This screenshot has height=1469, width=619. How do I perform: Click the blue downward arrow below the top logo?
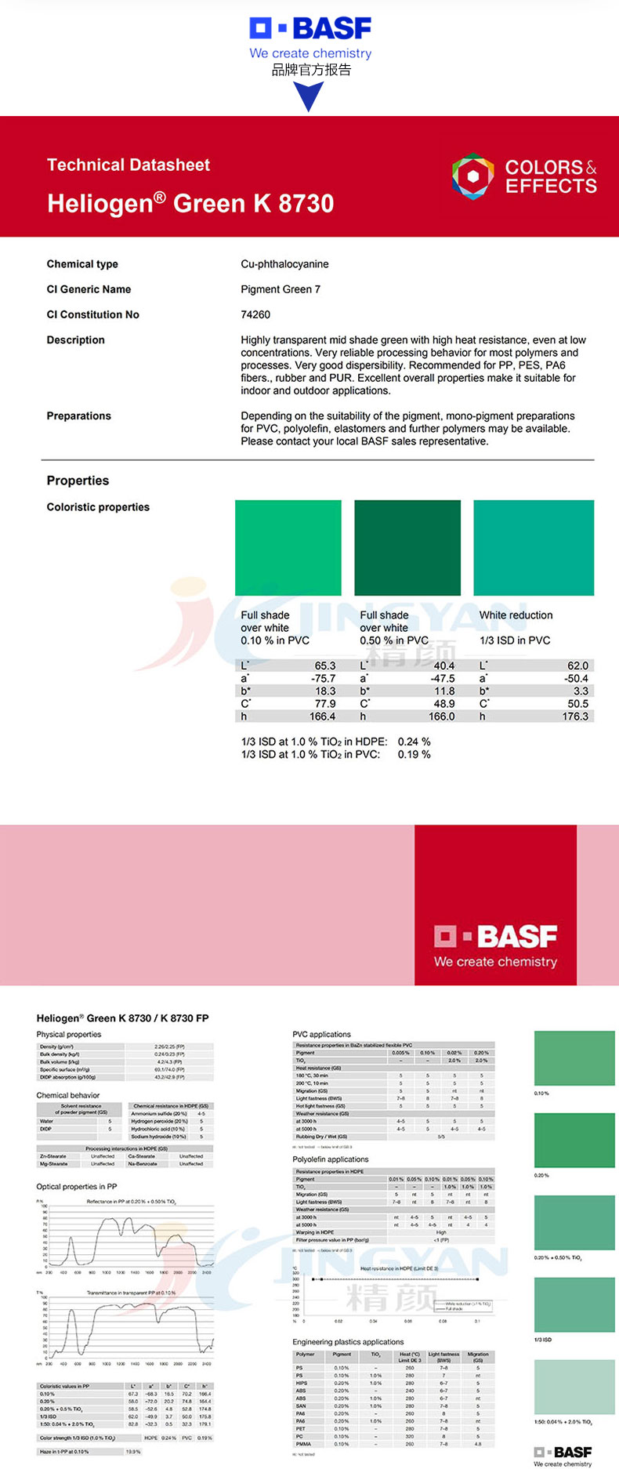click(x=310, y=96)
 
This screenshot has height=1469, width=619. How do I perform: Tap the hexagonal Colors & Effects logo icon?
click(x=472, y=176)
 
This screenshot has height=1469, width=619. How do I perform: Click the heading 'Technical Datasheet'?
click(x=129, y=165)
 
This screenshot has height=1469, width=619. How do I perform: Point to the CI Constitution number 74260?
click(x=255, y=314)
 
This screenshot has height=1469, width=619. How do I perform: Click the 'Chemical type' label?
click(x=82, y=264)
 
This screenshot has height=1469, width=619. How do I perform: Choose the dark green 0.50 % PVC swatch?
click(x=407, y=548)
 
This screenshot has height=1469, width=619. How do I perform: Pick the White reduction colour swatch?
click(x=534, y=548)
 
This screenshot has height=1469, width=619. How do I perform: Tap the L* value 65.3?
click(x=324, y=666)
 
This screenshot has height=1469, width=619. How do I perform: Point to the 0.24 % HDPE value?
click(x=414, y=742)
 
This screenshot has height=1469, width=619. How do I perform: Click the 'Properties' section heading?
click(x=78, y=481)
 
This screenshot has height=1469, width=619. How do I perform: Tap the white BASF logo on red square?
click(x=495, y=945)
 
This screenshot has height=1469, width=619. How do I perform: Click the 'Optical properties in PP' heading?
click(x=77, y=1187)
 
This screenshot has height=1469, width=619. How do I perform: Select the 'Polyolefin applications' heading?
click(x=330, y=1159)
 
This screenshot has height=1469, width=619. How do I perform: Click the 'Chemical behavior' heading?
click(x=68, y=1095)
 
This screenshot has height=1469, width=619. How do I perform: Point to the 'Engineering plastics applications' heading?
click(x=348, y=1342)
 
